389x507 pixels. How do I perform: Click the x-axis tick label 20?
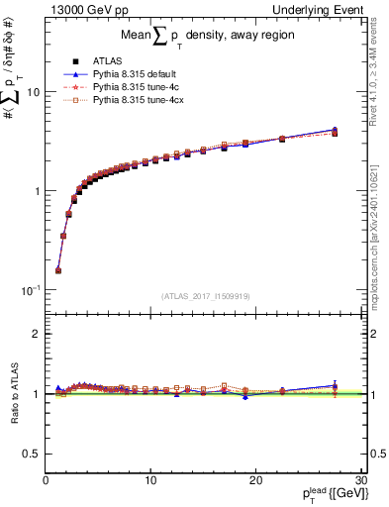coord(254,480)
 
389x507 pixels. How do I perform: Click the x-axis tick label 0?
coord(46,480)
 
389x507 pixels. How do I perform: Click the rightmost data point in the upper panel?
coord(335,131)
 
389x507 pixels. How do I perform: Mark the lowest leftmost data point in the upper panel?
coord(57,269)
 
